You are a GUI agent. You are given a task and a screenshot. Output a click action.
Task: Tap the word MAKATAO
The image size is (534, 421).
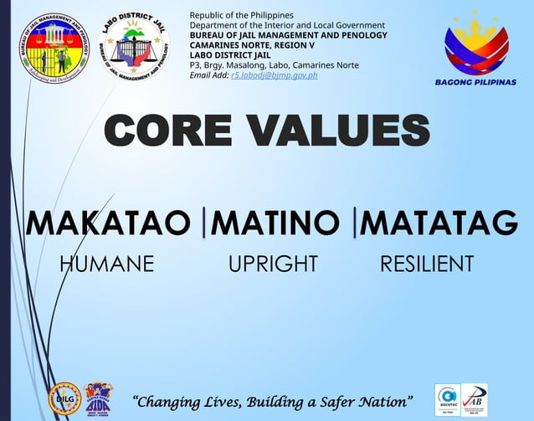109,223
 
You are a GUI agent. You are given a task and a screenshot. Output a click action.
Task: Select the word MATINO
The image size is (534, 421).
276,223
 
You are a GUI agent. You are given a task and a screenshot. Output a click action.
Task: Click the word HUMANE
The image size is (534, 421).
107,264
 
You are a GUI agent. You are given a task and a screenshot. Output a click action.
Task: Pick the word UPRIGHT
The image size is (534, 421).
273,264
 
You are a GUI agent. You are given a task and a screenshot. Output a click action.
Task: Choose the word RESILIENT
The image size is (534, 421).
427,264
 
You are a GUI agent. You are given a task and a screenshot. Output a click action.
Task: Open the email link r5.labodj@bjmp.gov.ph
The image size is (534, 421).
274,75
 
